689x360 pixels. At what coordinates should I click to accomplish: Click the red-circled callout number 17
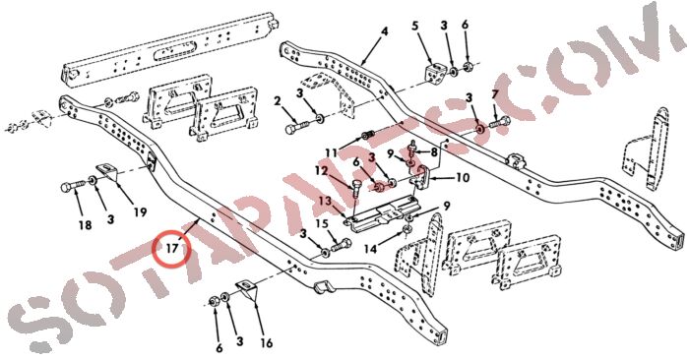click(x=172, y=249)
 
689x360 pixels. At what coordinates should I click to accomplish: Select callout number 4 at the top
click(x=385, y=31)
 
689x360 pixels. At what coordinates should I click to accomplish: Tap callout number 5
click(x=415, y=26)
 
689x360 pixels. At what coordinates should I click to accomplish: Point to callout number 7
click(x=495, y=94)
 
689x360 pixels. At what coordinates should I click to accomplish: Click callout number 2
click(x=277, y=102)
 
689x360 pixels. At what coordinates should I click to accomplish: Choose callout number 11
click(x=331, y=153)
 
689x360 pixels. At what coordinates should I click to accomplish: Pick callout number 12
click(x=321, y=170)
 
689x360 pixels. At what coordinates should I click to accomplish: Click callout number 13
click(x=325, y=201)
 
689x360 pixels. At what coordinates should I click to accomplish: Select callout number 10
click(x=463, y=177)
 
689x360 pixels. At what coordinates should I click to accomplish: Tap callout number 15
click(x=322, y=224)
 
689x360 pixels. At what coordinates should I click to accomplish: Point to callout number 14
click(x=370, y=249)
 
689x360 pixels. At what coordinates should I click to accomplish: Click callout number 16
click(x=267, y=342)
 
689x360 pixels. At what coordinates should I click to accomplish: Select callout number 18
click(x=86, y=225)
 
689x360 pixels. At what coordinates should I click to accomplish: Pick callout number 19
click(x=140, y=212)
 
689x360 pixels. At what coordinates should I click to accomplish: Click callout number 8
click(x=434, y=152)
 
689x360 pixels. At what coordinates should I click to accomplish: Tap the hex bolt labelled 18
click(x=74, y=186)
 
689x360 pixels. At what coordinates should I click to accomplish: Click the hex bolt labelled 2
click(x=297, y=128)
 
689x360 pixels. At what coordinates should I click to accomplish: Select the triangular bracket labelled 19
click(x=107, y=172)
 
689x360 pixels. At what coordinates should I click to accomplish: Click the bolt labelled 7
click(x=499, y=122)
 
